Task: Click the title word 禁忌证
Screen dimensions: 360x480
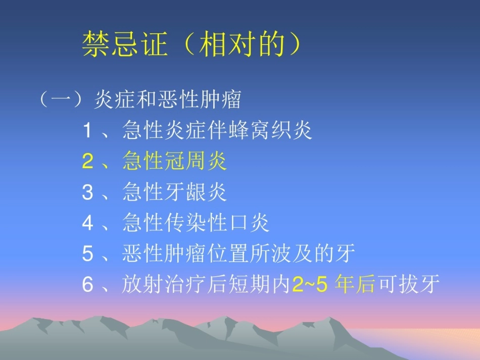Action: tap(124, 44)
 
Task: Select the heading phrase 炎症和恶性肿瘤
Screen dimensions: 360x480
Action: tap(167, 99)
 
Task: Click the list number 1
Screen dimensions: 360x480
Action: tap(88, 131)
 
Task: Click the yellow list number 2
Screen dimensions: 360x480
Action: tap(88, 162)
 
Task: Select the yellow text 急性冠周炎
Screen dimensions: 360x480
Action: tap(174, 162)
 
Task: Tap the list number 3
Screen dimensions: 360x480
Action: tap(88, 192)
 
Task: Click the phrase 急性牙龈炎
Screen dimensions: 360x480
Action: tap(174, 192)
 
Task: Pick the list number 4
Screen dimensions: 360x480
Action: tap(88, 223)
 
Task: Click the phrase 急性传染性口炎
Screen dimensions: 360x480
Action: tap(196, 223)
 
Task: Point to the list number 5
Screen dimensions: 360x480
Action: tap(88, 254)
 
